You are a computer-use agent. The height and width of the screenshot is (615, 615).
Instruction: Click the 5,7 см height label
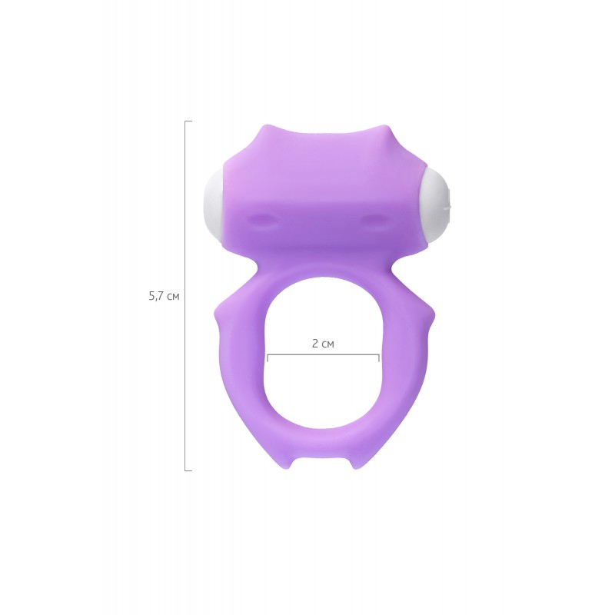point(164,296)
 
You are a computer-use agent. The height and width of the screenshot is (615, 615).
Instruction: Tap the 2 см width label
point(323,344)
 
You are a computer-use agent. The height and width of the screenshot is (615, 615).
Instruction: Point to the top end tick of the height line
point(188,121)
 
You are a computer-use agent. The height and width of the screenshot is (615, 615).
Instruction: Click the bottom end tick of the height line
point(188,470)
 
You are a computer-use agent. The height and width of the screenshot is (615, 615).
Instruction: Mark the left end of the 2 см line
point(268,357)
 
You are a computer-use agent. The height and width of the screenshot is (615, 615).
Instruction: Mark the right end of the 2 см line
point(379,357)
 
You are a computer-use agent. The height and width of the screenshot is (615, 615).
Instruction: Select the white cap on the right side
point(436,206)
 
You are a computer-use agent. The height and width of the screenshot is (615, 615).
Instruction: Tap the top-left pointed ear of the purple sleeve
point(263,129)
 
